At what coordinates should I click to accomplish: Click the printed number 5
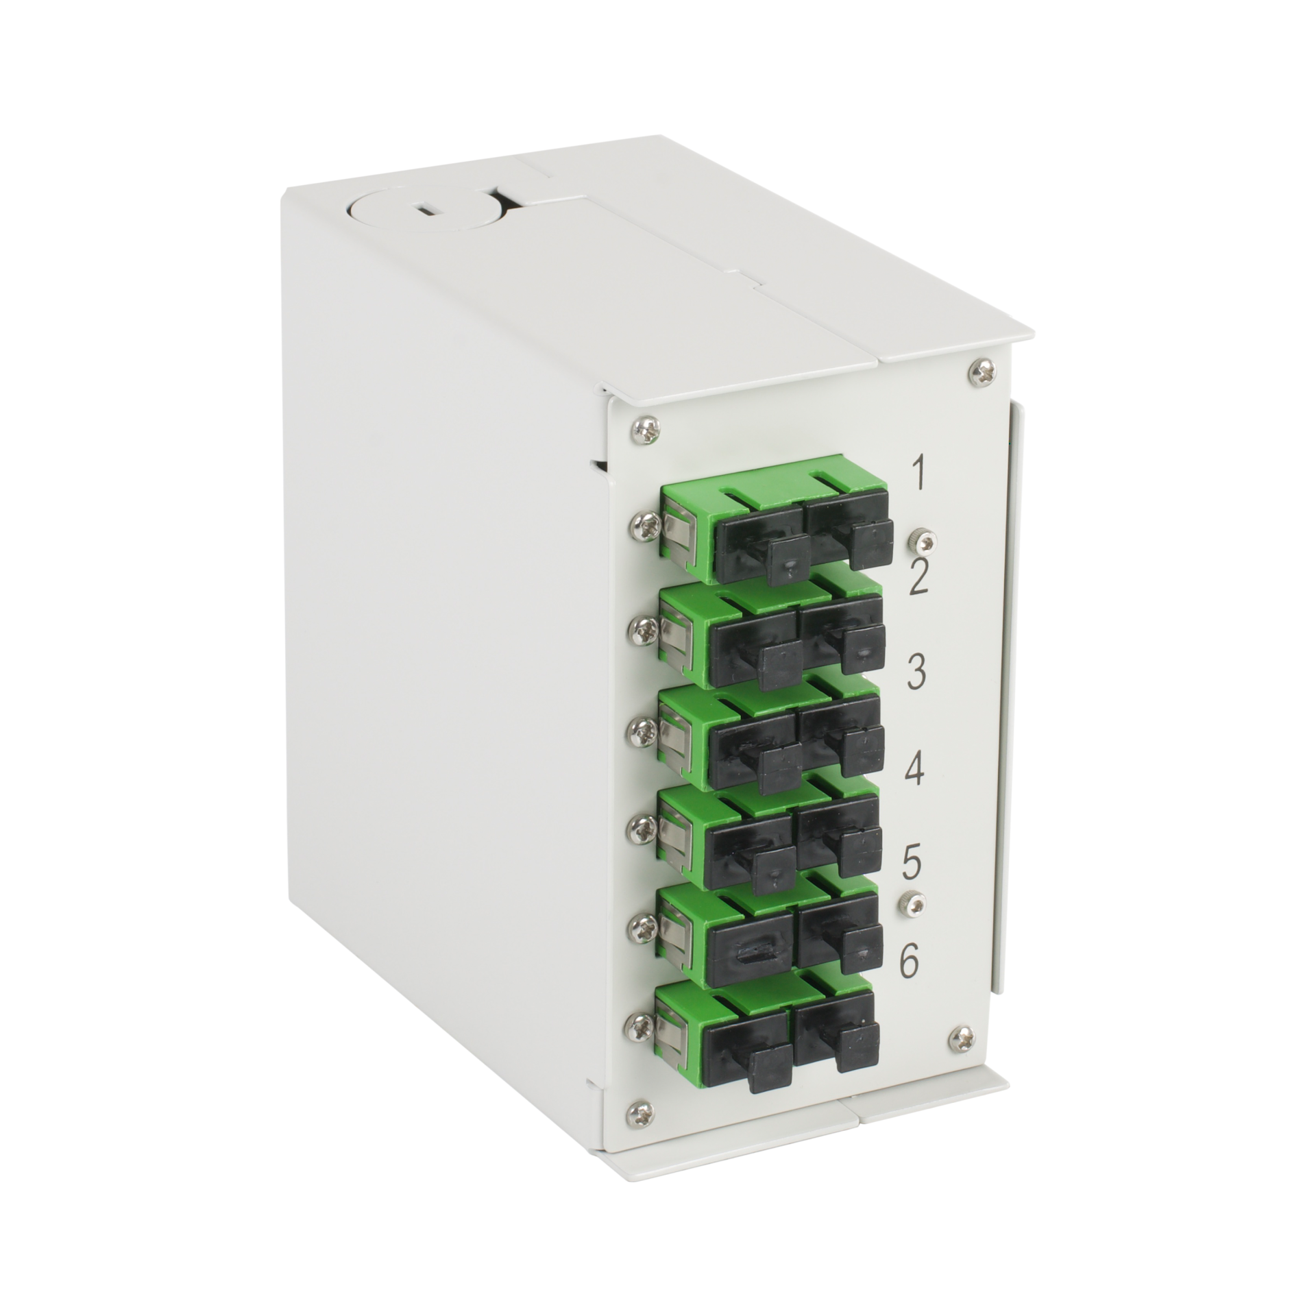(x=911, y=864)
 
